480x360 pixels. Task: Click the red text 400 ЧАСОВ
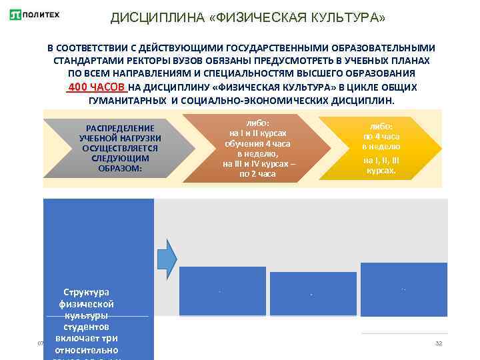click(x=97, y=87)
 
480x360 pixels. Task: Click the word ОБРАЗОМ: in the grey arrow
click(x=120, y=169)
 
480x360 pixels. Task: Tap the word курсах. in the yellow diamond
click(x=381, y=170)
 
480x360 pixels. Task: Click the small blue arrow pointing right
click(x=167, y=255)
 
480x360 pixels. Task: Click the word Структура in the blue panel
click(x=87, y=292)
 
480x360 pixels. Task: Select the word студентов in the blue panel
click(x=87, y=327)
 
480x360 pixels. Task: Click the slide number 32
click(x=439, y=343)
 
